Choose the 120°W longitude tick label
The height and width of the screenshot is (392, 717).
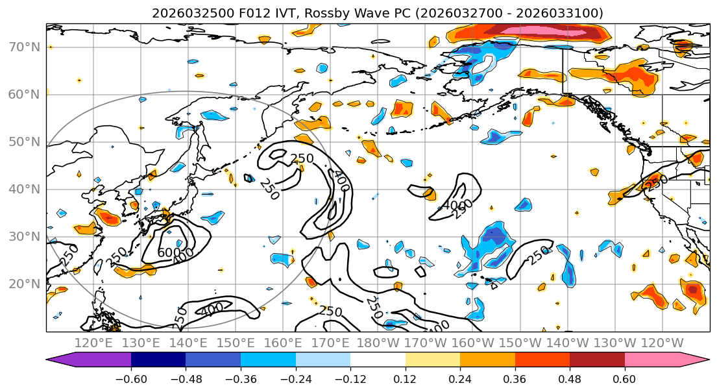[x=662, y=343]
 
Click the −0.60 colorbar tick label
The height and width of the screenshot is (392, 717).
[x=131, y=378]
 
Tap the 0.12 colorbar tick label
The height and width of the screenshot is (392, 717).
[x=406, y=378]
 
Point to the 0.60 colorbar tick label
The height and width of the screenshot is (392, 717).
[x=625, y=378]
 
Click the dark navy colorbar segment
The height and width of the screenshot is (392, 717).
[x=158, y=360]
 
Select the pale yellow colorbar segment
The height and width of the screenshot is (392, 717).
[x=433, y=360]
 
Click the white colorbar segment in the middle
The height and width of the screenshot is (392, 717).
[x=378, y=360]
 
